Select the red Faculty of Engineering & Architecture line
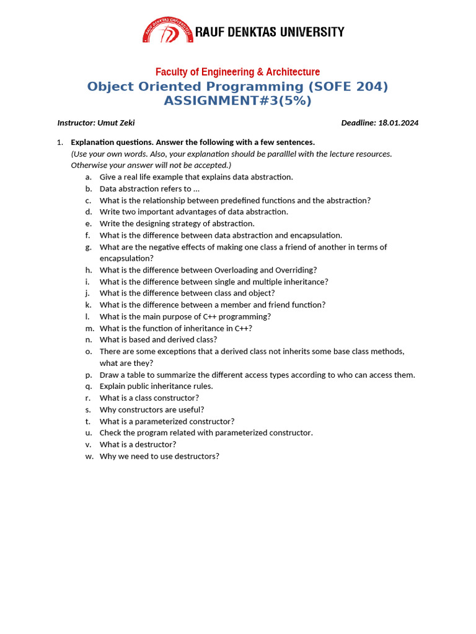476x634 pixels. [237, 72]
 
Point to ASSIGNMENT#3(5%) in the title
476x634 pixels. [237, 101]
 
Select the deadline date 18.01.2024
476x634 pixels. [398, 123]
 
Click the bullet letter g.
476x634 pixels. [89, 247]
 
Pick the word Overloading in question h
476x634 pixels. [235, 270]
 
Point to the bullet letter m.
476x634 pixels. [89, 328]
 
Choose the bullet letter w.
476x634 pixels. [89, 456]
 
